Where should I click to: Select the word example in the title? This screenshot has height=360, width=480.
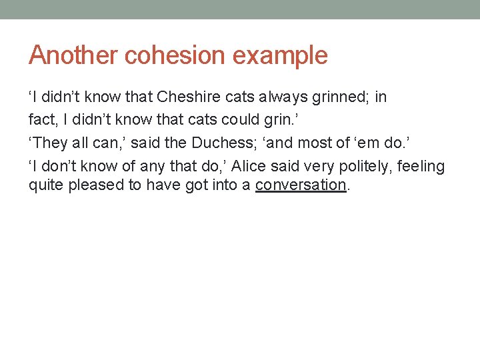click(281, 56)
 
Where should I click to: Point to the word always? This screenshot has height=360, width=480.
click(285, 97)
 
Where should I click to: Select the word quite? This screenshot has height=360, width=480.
click(45, 185)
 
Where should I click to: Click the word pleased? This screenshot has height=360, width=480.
click(98, 185)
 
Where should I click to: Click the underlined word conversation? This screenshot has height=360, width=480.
click(301, 185)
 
